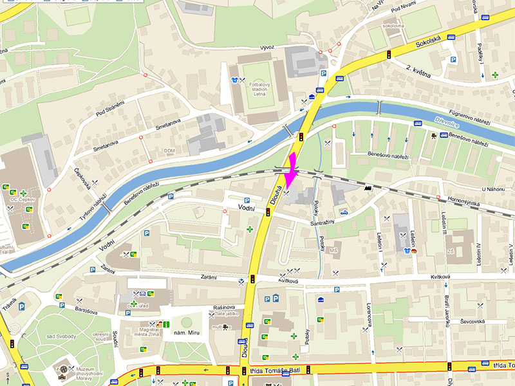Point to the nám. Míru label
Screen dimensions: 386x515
(x=174, y=333)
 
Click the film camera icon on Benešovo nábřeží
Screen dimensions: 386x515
(x=436, y=136)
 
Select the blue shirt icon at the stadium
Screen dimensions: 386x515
(x=234, y=81)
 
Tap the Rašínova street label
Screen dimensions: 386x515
(x=232, y=307)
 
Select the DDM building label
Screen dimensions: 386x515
(x=170, y=151)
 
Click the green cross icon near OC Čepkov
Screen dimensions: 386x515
(x=23, y=193)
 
